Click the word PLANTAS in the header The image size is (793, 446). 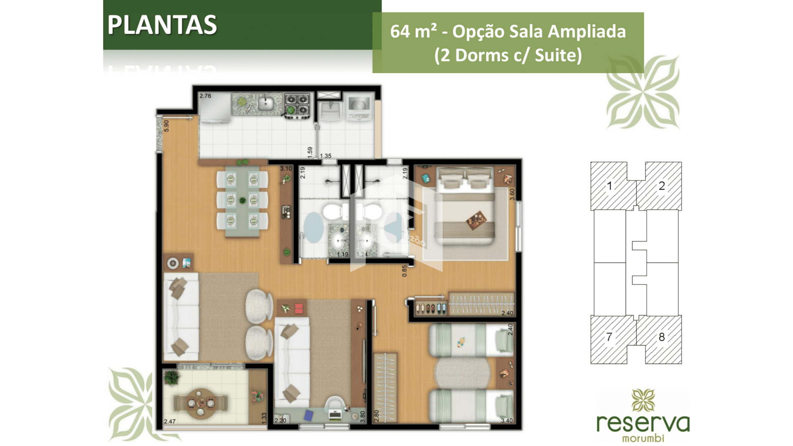[x=162, y=25]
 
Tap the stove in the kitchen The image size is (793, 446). [x=297, y=104]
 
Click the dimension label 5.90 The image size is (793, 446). [x=166, y=126]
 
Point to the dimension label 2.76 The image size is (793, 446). [x=205, y=96]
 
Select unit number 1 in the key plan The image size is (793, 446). [x=609, y=186]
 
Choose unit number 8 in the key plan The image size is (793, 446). [x=662, y=337]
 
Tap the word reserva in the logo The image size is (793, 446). [x=643, y=423]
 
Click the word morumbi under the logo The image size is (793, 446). [x=643, y=438]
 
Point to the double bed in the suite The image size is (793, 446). [x=466, y=206]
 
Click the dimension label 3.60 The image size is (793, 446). [x=512, y=195]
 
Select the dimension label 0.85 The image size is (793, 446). [x=404, y=270]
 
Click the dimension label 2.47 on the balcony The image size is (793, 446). [x=169, y=421]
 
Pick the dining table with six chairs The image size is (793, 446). [x=242, y=201]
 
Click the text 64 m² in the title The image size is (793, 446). [x=413, y=32]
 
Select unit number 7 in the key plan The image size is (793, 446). [x=609, y=337]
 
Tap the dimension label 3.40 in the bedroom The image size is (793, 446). [x=506, y=420]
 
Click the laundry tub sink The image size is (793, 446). [x=330, y=110]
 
